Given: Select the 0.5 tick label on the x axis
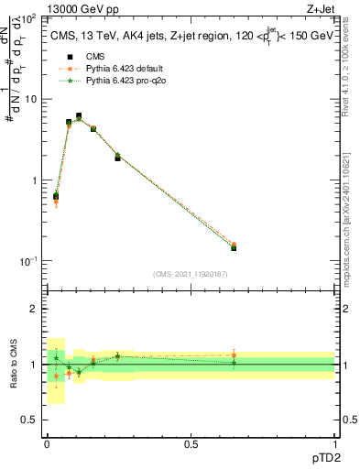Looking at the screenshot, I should [x=191, y=444].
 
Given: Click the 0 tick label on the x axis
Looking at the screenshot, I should [x=47, y=444].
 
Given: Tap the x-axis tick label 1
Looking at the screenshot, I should [x=334, y=444].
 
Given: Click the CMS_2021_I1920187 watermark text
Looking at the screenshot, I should [x=190, y=275].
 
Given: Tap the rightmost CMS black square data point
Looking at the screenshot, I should [x=234, y=247].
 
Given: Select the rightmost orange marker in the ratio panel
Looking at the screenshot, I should [x=234, y=355].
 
